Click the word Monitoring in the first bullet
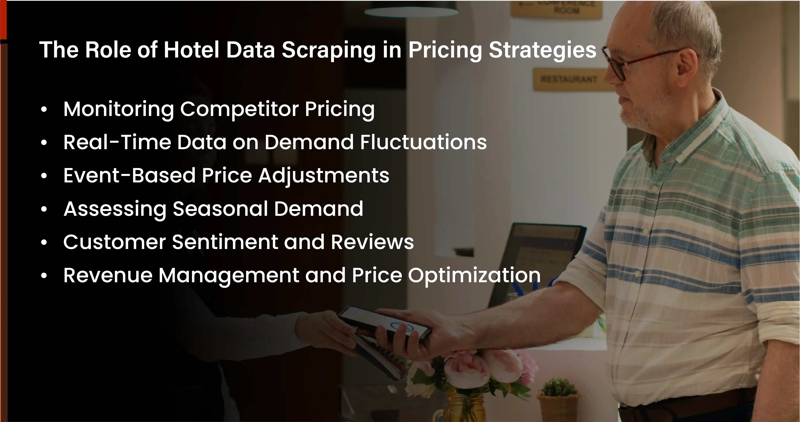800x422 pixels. click(118, 109)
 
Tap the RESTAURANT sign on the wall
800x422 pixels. click(569, 79)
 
